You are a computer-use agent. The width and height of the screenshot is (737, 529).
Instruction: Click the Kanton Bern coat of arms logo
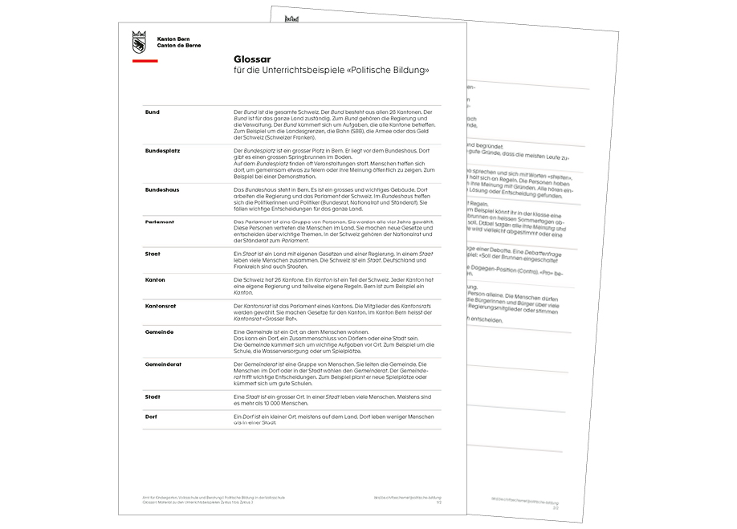139,42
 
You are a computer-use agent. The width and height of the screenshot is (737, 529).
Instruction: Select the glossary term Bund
152,112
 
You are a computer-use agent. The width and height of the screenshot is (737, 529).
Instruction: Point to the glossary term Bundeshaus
163,189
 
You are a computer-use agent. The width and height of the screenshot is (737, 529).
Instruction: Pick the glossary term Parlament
161,221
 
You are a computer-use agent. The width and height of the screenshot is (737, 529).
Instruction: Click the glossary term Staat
153,253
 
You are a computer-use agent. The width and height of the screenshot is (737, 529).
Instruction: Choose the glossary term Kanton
155,279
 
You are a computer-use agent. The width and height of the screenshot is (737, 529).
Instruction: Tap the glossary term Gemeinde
159,332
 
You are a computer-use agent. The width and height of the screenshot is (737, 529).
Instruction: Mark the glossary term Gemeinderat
163,364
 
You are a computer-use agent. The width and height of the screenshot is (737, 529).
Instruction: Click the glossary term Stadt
153,396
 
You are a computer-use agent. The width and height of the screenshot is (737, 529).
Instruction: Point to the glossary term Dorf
152,416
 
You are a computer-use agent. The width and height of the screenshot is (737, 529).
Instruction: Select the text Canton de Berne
179,45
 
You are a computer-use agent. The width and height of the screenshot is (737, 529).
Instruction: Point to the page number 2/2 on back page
555,507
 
